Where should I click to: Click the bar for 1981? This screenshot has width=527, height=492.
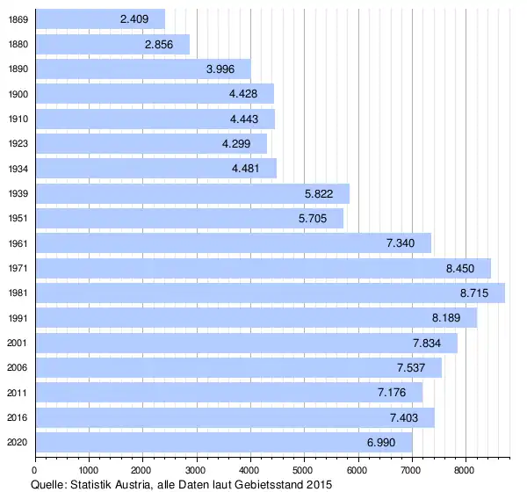coord(270,293)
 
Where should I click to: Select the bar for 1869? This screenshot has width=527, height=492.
coord(99,18)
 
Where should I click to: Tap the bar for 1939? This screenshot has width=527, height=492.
coord(191,193)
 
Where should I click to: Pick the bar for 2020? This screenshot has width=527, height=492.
coord(223,442)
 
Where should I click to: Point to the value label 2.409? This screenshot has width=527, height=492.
coord(136,18)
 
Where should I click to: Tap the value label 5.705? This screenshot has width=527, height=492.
coord(314,218)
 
